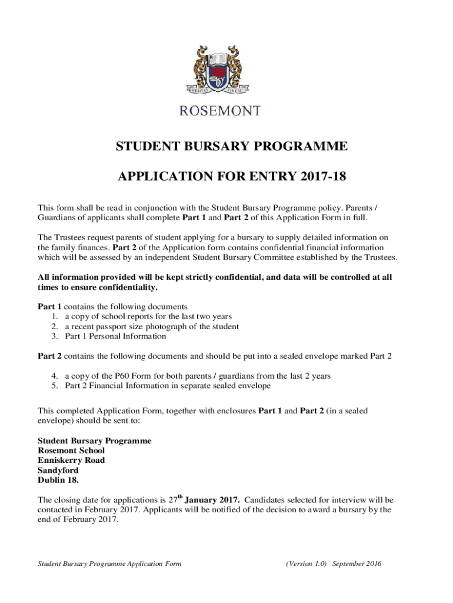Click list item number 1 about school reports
[143, 316]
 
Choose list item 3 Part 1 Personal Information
[115, 337]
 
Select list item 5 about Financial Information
[168, 386]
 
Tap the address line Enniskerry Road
[71, 460]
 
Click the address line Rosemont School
[71, 450]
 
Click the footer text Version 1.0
[305, 564]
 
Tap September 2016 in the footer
[357, 564]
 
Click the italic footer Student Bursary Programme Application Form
[109, 564]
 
